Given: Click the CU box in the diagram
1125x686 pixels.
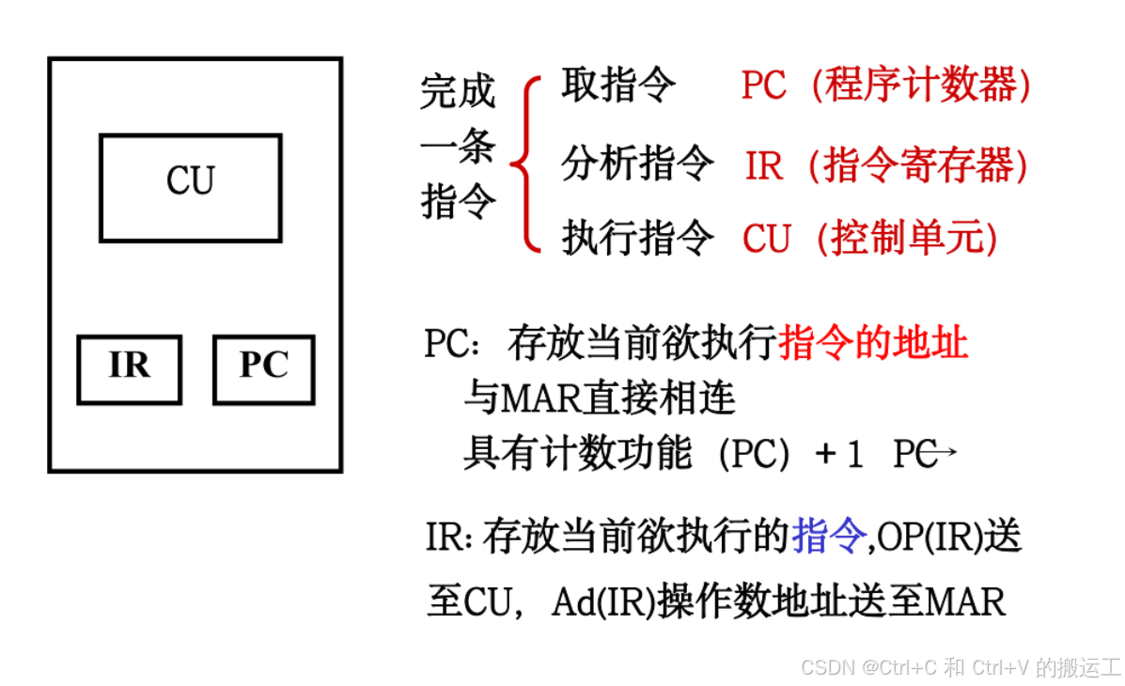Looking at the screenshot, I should tap(191, 188).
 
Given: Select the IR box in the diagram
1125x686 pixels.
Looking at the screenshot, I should tap(129, 369).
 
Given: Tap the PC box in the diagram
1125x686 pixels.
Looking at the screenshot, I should tap(264, 369).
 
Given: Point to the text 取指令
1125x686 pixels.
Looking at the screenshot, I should tap(617, 86).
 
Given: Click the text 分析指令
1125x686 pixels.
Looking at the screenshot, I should tap(637, 164).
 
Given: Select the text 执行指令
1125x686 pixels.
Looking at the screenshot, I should tap(637, 238).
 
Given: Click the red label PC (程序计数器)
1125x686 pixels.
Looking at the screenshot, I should tap(885, 86).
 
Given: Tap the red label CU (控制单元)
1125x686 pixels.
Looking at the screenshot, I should tap(870, 239).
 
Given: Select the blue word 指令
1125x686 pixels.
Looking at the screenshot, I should tap(828, 538).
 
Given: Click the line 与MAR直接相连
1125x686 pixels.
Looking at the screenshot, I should tap(600, 400).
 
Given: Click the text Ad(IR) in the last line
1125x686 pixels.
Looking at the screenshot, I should tap(602, 601).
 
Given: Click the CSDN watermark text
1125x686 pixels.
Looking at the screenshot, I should tap(961, 667).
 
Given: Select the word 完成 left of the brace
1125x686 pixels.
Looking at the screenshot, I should tap(458, 92).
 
